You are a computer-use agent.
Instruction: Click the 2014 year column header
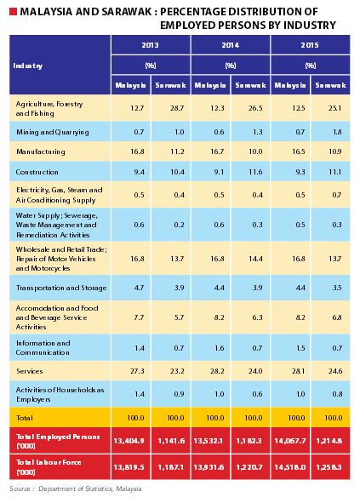coord(230,44)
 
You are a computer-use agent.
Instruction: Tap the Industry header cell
coord(28,65)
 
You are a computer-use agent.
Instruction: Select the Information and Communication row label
coord(43,347)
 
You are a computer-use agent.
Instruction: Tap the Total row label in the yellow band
coord(26,419)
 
